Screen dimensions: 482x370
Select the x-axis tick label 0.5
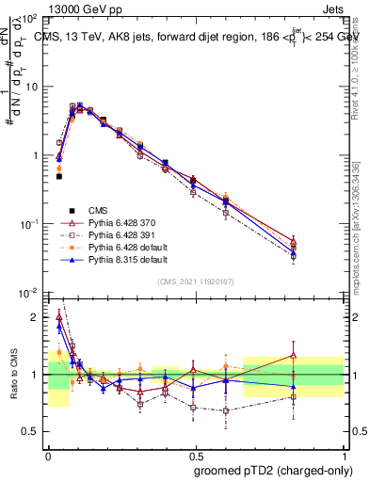point(196,453)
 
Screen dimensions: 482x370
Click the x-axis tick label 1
point(344,453)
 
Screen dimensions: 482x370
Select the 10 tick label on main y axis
point(31,87)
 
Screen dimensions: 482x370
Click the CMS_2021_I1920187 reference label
point(196,281)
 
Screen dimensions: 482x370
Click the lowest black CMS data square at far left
point(58,176)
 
